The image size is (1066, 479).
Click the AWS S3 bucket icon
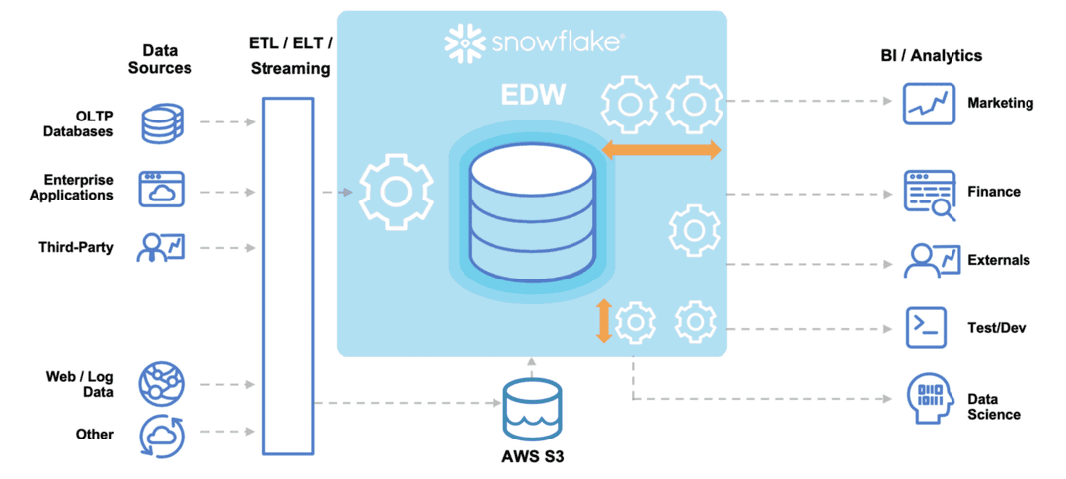pyautogui.click(x=531, y=409)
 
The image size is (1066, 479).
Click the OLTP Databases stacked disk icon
pyautogui.click(x=162, y=122)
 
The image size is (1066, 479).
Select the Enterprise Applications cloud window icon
pyautogui.click(x=162, y=188)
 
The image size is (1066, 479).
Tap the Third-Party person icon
pyautogui.click(x=161, y=247)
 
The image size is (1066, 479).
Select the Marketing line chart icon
pyautogui.click(x=929, y=104)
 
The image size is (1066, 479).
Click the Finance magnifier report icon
pyautogui.click(x=930, y=193)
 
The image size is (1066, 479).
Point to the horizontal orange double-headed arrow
pyautogui.click(x=661, y=150)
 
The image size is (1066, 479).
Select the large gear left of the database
pyautogui.click(x=396, y=192)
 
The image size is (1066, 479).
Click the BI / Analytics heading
pyautogui.click(x=931, y=56)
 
